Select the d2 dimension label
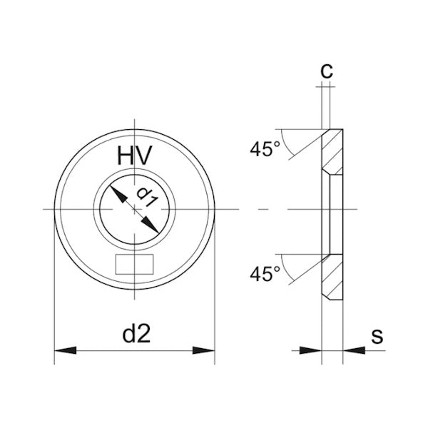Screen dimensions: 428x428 [134, 332]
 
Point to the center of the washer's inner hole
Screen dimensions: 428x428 [134, 209]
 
